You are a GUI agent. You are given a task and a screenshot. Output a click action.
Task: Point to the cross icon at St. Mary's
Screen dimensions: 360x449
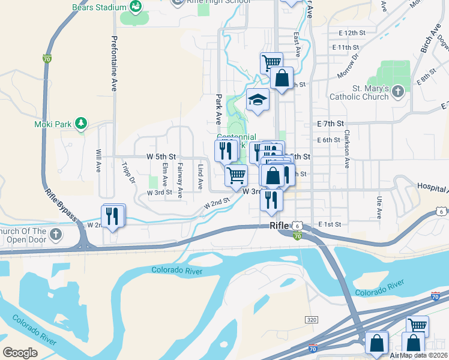pyautogui.click(x=398, y=92)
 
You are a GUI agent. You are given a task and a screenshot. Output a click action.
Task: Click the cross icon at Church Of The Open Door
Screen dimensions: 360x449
pyautogui.click(x=56, y=233)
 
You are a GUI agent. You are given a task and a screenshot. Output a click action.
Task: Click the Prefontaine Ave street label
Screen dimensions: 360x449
pyautogui.click(x=113, y=63)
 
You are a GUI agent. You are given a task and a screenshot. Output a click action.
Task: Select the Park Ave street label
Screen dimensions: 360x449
pyautogui.click(x=218, y=109)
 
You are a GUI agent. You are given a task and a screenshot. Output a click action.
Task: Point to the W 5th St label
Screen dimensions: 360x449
pyautogui.click(x=160, y=156)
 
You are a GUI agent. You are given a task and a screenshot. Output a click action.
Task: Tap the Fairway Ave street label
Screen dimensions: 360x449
pyautogui.click(x=179, y=178)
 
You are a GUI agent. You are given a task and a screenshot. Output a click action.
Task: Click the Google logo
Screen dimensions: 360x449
pyautogui.click(x=20, y=352)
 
